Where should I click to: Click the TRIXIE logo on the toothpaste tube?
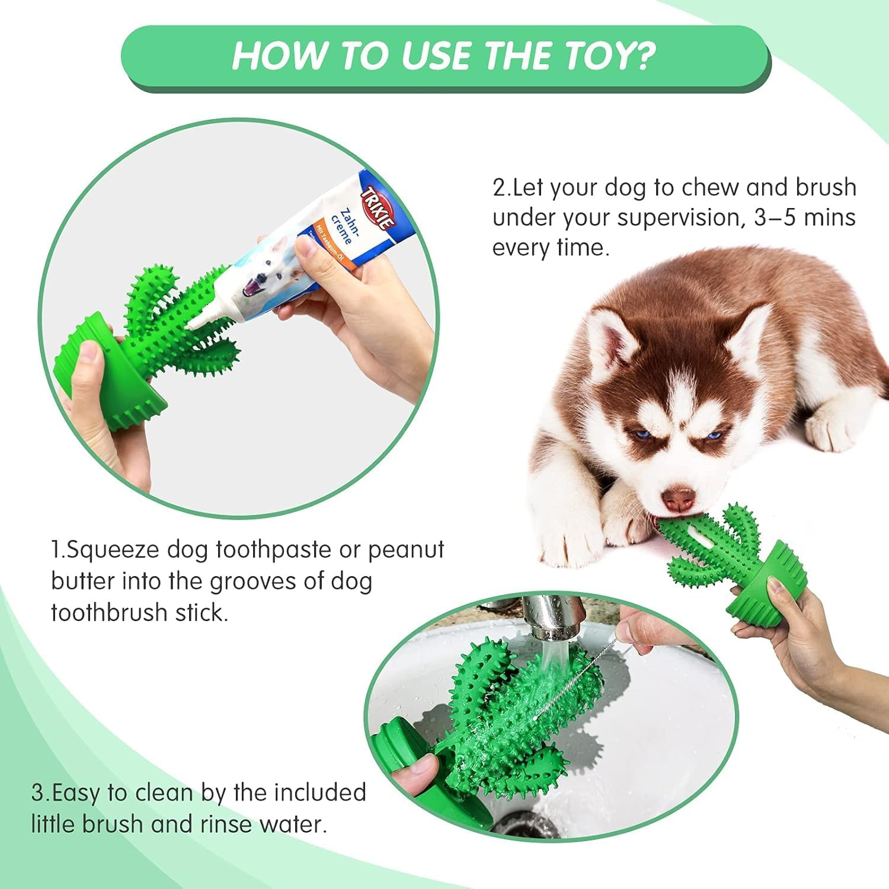pos(378,208)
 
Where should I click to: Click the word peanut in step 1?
pos(406,550)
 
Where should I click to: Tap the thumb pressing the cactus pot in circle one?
pos(87,356)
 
